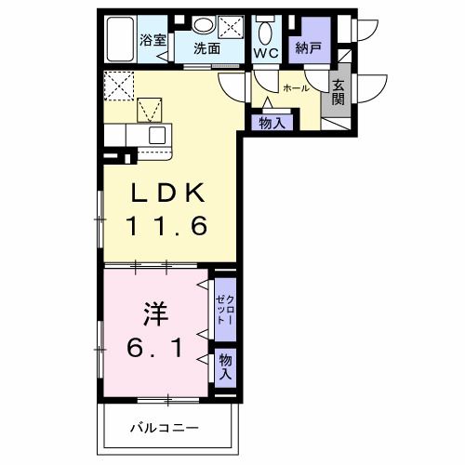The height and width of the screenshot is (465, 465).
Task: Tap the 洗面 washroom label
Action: pos(207,49)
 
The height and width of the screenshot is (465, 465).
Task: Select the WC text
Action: pos(265,54)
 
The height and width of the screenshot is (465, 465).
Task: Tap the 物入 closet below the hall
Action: pos(272,122)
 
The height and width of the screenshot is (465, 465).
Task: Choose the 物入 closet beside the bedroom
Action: pos(226,364)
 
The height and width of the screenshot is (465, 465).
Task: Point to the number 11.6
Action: pos(167,226)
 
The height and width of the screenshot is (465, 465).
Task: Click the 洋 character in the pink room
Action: pos(154,312)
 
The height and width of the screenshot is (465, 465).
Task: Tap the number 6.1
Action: pos(155,349)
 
